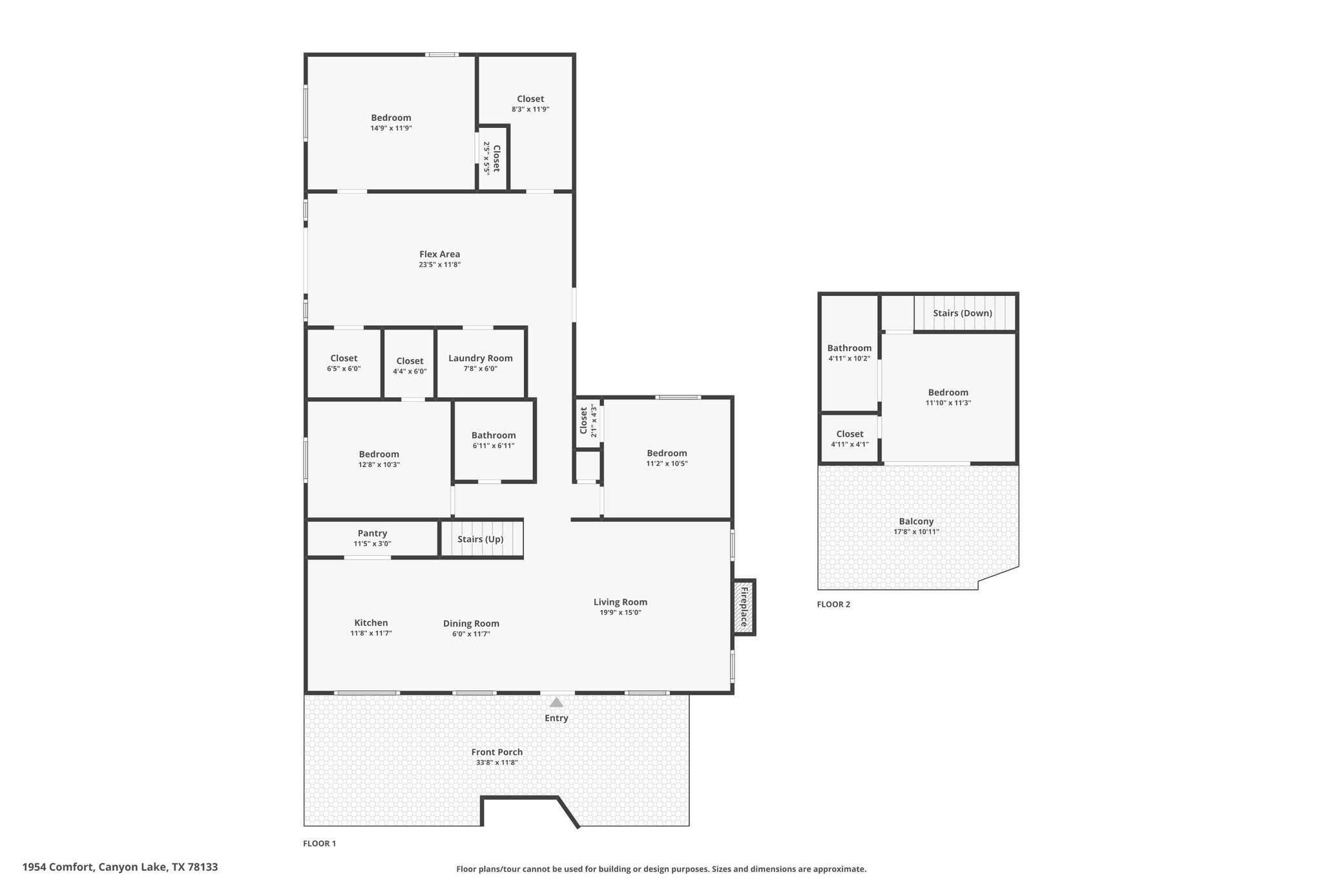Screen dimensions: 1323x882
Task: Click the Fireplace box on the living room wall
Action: coord(744,607)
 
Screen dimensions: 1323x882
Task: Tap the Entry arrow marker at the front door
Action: coord(556,702)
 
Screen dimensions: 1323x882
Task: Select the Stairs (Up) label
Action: coord(481,539)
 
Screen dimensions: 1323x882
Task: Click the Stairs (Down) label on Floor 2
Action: coord(963,313)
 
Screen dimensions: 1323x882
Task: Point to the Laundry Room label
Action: coord(481,358)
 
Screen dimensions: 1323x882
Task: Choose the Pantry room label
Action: coord(372,533)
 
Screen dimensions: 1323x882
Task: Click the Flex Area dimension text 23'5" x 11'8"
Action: coord(439,264)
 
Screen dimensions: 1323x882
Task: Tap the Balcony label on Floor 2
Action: coord(916,521)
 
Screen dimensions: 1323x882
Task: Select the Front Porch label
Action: coord(497,752)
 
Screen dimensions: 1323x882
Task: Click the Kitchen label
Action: coord(371,623)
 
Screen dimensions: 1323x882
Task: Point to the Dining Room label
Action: coord(471,624)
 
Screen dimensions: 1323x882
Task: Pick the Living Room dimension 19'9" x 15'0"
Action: coord(620,613)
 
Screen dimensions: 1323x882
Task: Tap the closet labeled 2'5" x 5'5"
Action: coord(492,158)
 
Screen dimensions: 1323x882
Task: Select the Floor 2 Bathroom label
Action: coord(849,348)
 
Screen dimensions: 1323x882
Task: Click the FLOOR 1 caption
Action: coord(320,843)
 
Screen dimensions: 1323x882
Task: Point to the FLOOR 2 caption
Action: coord(833,604)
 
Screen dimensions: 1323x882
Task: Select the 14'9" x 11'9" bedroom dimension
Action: coord(391,128)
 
